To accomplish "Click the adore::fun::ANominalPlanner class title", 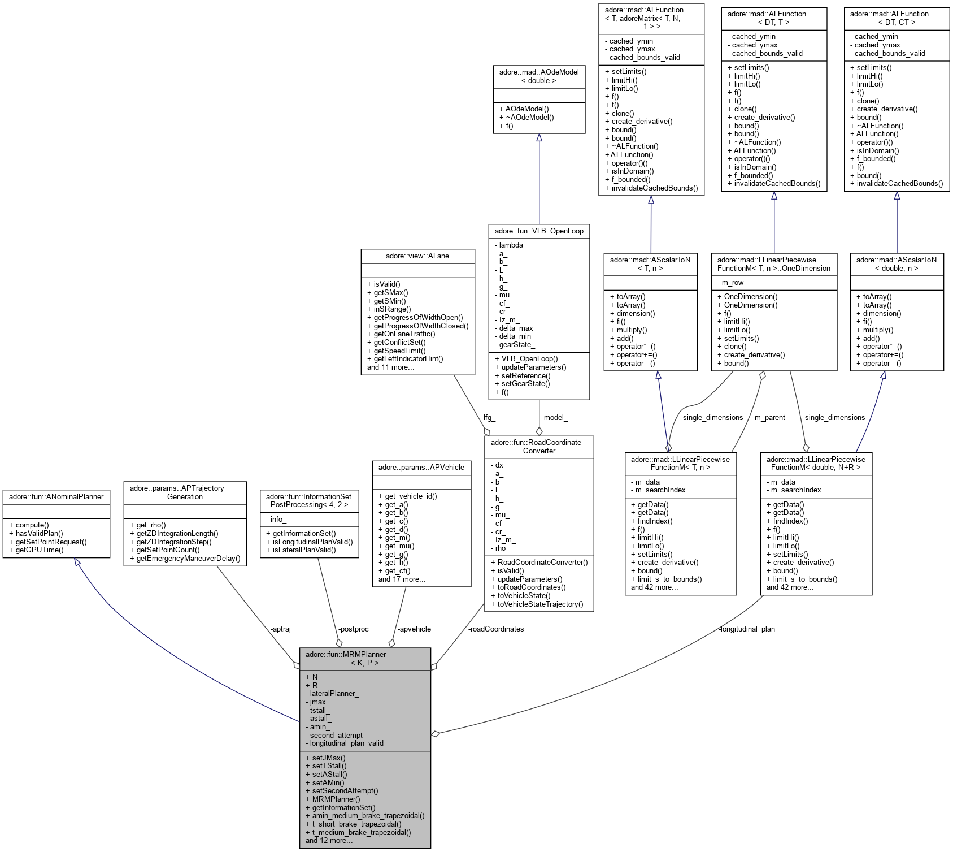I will pos(56,496).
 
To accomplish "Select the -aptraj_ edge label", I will pos(282,629).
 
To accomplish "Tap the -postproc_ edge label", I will pos(355,629).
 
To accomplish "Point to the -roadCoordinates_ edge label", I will pos(498,629).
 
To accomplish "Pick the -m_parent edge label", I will pos(768,417).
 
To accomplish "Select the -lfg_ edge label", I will pos(488,417).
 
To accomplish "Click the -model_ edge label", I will pos(554,417).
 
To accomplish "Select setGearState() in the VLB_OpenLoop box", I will pos(522,383).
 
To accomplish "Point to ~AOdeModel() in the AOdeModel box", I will pos(526,117).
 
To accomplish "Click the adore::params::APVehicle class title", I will pos(421,467).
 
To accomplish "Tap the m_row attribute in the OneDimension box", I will pos(733,282).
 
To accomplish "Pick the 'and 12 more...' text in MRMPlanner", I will pos(329,840).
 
